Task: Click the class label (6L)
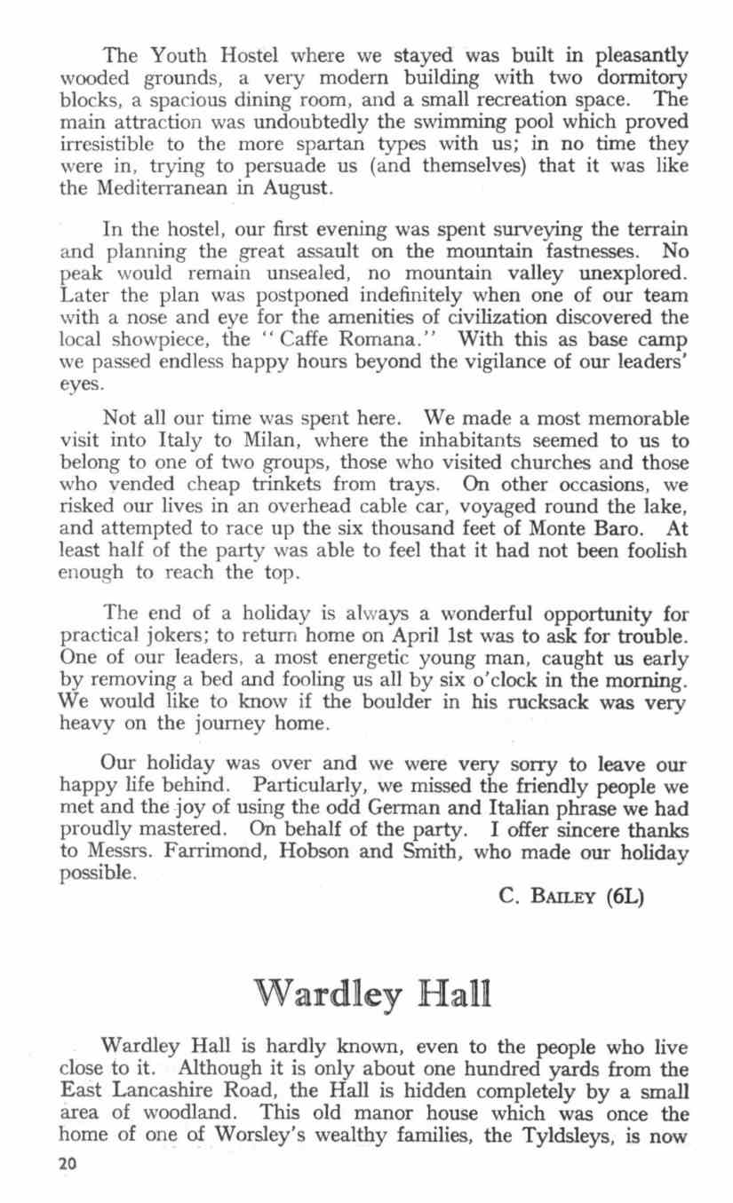[x=625, y=896]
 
